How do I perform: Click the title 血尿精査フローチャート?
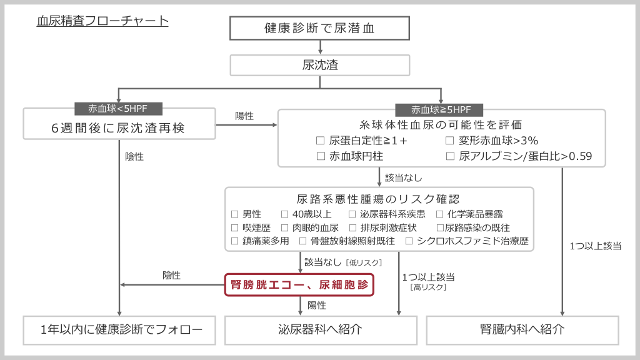(102, 21)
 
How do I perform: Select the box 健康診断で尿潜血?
(319, 28)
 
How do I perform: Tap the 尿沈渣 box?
(319, 65)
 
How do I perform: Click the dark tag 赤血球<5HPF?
(118, 108)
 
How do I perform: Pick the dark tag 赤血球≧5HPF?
(441, 109)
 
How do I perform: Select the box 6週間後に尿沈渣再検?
(118, 129)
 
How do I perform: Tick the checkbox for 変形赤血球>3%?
(450, 141)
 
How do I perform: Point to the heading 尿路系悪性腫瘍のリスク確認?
(379, 199)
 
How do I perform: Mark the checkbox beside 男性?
(235, 214)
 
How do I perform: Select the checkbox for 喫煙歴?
(235, 227)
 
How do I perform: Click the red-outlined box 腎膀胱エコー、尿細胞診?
(299, 285)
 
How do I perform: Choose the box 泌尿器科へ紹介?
(320, 329)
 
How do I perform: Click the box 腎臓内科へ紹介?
(522, 329)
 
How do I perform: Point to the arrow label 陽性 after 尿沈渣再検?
(244, 116)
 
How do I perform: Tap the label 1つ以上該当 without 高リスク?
(595, 246)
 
